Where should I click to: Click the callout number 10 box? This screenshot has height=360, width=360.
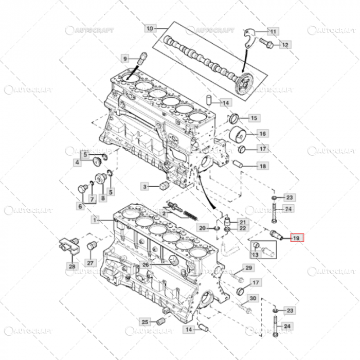(x=149, y=28)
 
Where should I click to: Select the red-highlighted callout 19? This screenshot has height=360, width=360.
(x=296, y=238)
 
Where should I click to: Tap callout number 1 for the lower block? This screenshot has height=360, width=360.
(x=95, y=220)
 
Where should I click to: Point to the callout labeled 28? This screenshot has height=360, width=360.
(x=73, y=266)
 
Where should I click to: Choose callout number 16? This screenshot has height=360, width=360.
(x=262, y=134)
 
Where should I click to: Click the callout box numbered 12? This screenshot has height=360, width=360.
(x=285, y=45)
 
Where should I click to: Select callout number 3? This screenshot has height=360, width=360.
(x=145, y=186)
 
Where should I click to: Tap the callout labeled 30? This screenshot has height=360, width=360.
(x=253, y=298)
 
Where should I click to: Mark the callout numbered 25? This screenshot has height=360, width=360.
(x=145, y=322)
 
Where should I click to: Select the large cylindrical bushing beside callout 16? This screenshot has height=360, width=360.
(x=237, y=135)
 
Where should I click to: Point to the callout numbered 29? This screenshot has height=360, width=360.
(x=248, y=268)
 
